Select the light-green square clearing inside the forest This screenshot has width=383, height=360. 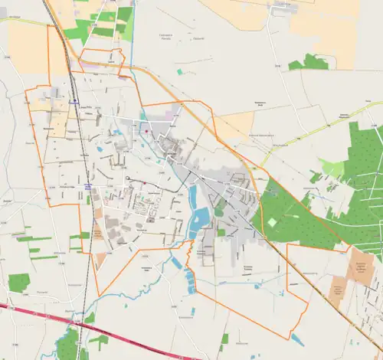click(271, 222)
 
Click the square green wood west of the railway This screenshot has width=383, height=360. click(19, 282)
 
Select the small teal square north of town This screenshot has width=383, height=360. click(179, 71)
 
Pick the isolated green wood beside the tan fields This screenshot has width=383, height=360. click(310, 61)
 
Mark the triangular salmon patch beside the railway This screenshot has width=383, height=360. click(100, 260)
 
